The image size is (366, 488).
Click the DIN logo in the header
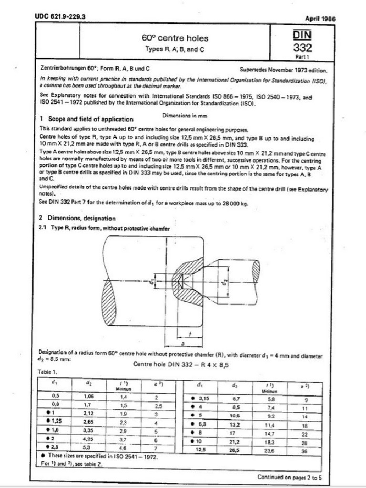click(303, 36)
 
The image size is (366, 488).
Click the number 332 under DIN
click(303, 48)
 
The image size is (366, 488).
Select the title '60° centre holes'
click(175, 38)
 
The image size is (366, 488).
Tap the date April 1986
click(320, 19)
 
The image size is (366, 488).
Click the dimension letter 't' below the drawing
click(190, 334)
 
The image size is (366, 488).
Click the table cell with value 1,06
click(89, 396)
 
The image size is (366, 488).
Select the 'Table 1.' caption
click(47, 371)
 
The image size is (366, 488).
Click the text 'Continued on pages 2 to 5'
click(291, 477)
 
